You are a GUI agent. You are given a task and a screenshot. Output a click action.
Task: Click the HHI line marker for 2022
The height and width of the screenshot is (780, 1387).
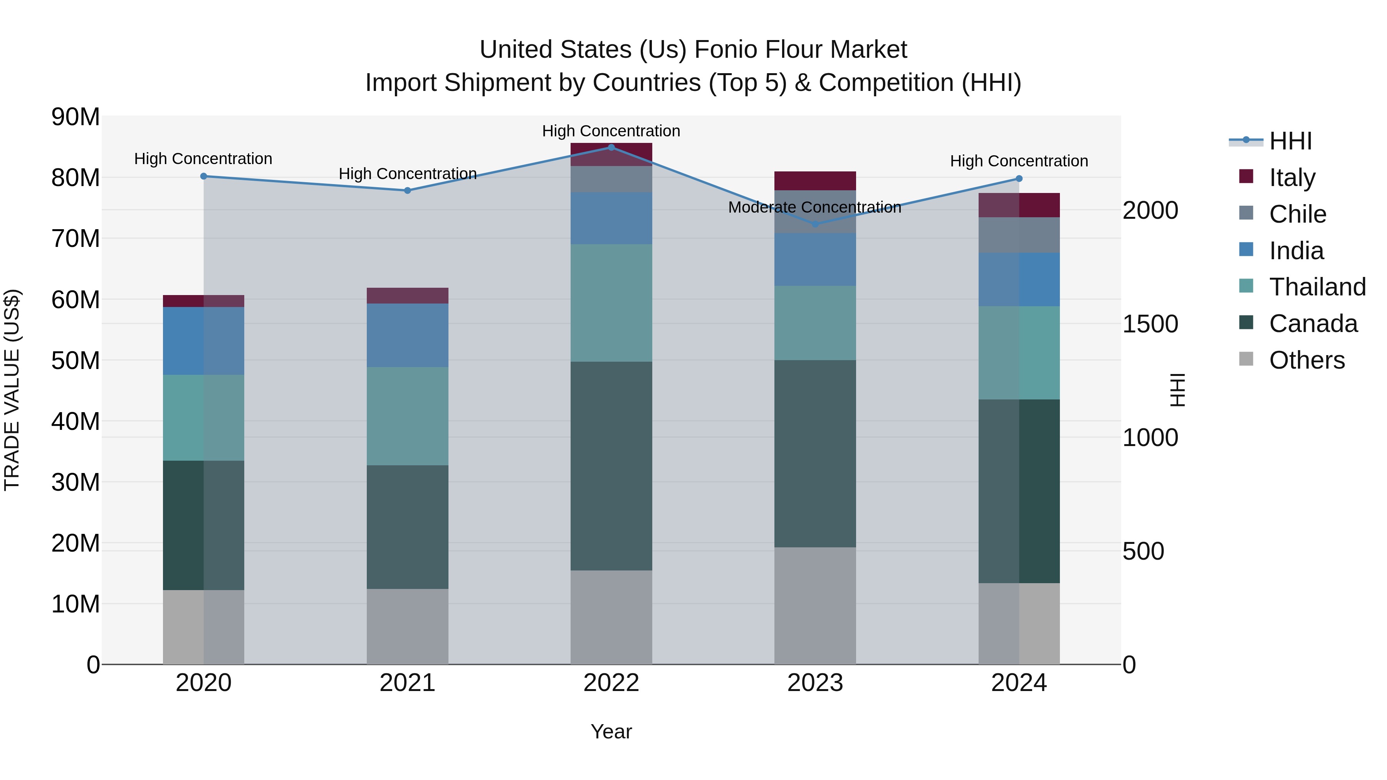(x=611, y=147)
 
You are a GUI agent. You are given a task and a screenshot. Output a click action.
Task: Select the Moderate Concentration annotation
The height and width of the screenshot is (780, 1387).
(x=814, y=207)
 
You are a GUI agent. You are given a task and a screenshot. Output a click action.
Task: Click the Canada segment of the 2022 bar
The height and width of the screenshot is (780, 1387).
(x=611, y=466)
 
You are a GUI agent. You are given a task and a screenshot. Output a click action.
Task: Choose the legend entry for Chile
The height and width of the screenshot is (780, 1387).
(x=1297, y=214)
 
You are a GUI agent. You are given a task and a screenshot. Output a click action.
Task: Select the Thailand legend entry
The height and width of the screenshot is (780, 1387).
(x=1316, y=287)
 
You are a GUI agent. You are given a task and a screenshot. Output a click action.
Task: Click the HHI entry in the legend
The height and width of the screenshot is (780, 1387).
(x=1290, y=141)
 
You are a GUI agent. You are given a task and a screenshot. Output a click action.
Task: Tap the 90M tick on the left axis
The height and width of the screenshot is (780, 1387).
(x=76, y=117)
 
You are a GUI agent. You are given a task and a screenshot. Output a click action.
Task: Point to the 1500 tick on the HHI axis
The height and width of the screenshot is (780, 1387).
(x=1150, y=324)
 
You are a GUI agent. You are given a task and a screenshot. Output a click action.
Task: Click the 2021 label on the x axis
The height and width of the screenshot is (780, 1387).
(x=407, y=683)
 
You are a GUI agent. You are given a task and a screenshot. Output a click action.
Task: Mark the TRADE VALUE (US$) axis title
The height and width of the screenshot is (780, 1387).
(x=12, y=390)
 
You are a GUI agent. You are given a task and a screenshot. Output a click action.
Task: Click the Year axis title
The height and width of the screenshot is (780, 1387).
(x=611, y=731)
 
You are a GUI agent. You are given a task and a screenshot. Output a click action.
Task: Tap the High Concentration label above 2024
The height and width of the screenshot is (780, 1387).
(x=1019, y=161)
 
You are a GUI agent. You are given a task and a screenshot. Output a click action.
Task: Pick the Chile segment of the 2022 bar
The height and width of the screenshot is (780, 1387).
(x=611, y=179)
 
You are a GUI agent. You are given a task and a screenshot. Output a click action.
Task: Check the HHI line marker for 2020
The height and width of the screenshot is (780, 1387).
(x=203, y=176)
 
